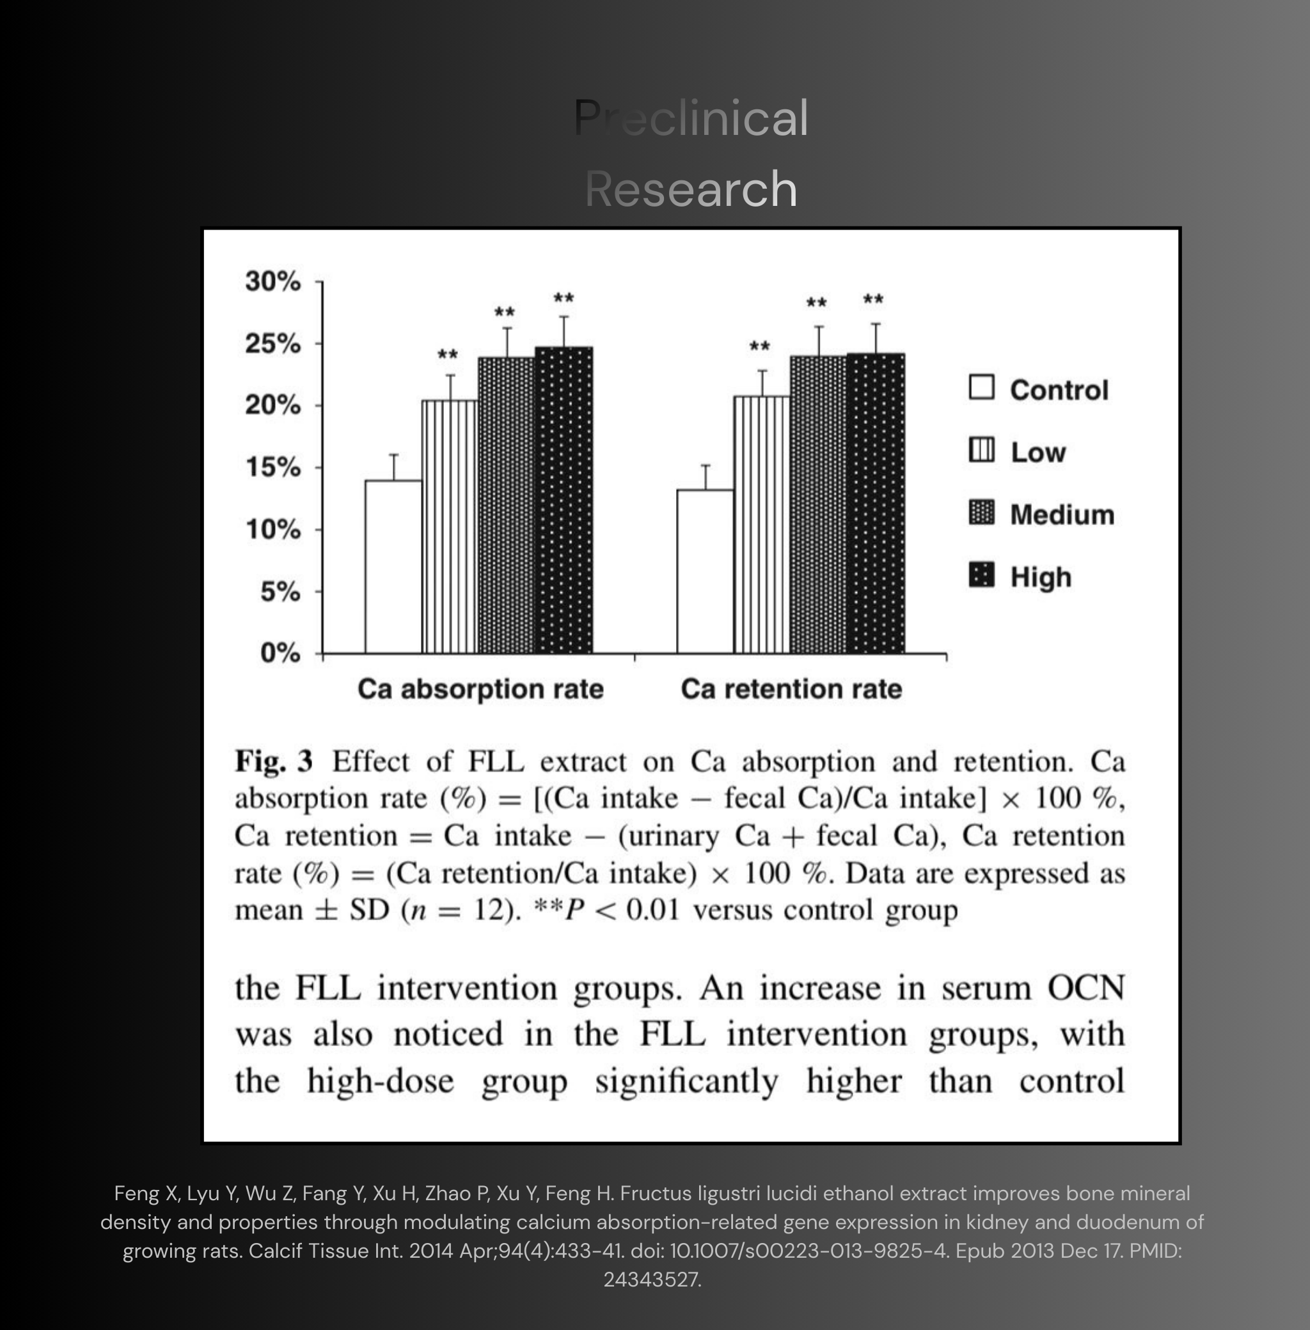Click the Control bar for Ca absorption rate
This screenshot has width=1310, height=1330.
tap(393, 567)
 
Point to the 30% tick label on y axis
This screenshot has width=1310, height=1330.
tap(273, 281)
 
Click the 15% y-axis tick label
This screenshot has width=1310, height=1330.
tap(273, 467)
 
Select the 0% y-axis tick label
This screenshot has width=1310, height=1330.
tap(280, 653)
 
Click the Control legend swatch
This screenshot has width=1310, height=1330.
tap(981, 387)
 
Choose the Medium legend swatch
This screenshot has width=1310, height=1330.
tap(981, 512)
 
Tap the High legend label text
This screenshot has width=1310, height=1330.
tap(1040, 577)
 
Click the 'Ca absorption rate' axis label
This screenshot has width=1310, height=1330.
tap(480, 689)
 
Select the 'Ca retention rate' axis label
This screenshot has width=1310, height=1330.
tap(791, 689)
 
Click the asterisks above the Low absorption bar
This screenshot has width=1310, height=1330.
tap(448, 356)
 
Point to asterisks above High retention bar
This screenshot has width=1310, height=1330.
tap(873, 300)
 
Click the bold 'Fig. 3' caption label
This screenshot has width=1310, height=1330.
tap(274, 762)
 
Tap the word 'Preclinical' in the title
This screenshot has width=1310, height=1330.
tap(691, 118)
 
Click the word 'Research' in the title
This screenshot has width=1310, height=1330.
tap(691, 189)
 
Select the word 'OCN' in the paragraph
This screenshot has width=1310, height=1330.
tap(1085, 988)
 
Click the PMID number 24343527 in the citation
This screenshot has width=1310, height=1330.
tap(652, 1279)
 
